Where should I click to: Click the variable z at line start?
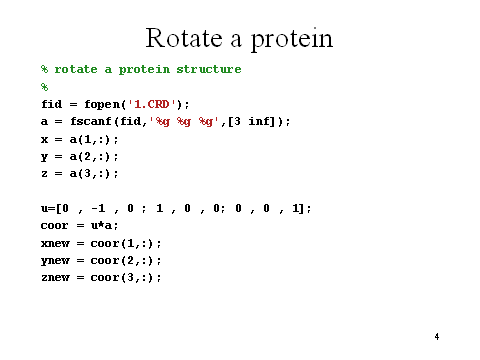(45, 173)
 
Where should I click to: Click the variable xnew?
(56, 243)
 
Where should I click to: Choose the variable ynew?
(56, 260)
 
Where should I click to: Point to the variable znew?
(56, 277)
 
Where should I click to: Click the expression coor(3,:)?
(126, 277)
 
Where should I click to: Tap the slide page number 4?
(437, 336)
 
